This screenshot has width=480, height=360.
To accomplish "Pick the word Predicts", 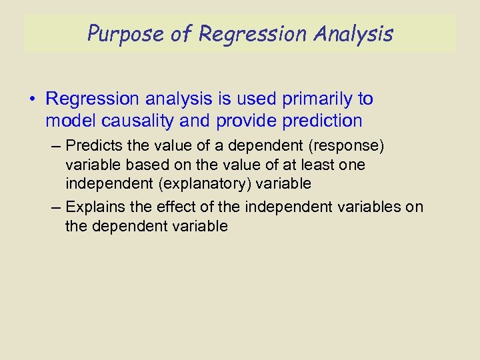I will (x=96, y=145).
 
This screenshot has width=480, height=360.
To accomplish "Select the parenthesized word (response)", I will (x=349, y=145).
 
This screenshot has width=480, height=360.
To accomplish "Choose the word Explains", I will (x=96, y=207).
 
